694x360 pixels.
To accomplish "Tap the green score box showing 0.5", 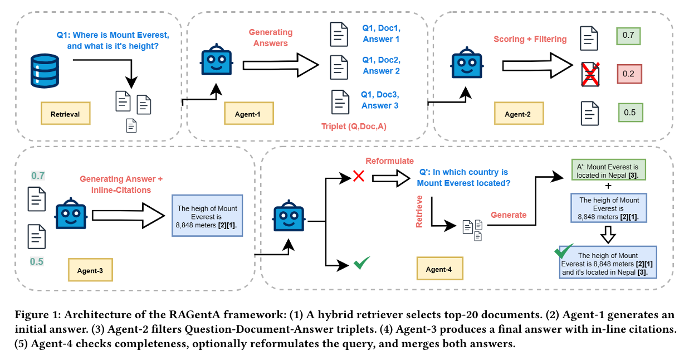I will point(629,113).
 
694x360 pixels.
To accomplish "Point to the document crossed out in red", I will point(590,74).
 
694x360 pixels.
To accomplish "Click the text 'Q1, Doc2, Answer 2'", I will point(381,65).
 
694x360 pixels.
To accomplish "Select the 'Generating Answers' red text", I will point(271,38).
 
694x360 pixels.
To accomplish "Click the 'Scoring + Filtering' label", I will point(530,39).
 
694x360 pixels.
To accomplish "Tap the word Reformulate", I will point(389,161).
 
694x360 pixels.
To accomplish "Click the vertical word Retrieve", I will point(421,211).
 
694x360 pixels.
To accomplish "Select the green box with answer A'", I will point(608,171).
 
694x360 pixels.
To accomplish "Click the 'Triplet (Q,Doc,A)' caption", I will point(354,126).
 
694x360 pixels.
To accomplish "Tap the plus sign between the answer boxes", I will point(608,185).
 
